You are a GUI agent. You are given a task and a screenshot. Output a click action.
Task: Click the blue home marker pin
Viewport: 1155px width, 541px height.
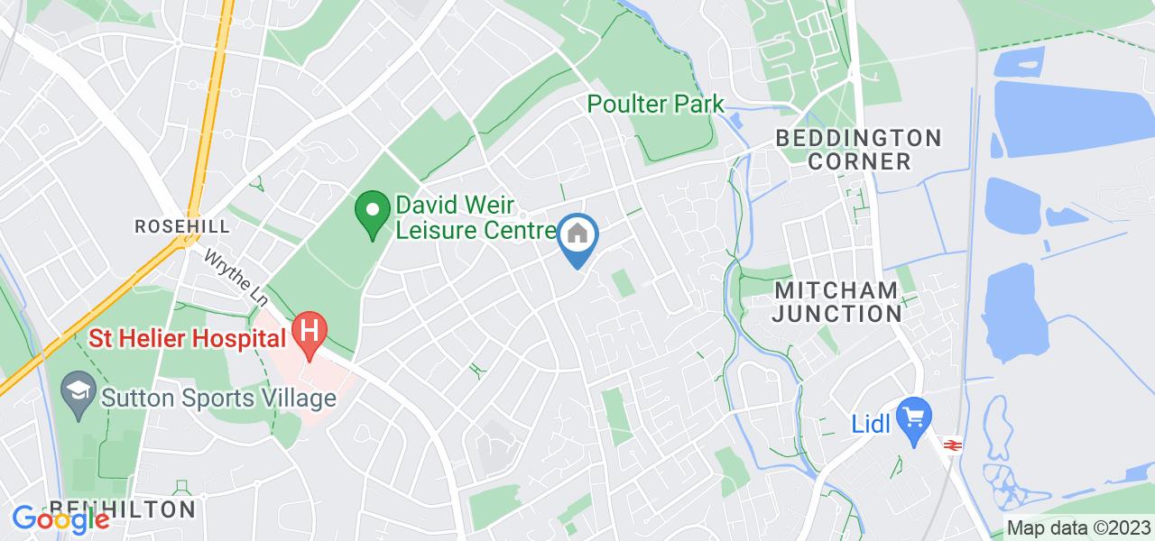coord(576,237)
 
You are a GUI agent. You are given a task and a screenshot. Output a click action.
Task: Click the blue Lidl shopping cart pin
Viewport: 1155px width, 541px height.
coord(915,418)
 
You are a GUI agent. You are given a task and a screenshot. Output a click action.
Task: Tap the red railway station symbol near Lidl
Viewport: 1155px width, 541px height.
coord(950,444)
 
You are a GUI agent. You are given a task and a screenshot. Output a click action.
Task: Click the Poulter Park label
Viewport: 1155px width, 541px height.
coord(656,104)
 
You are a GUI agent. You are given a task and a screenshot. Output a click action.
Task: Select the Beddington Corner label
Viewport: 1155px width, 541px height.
coord(859,150)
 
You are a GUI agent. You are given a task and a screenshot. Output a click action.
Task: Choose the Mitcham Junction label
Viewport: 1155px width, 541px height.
coord(837,302)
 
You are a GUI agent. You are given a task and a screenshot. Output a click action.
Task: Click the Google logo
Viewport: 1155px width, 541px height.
coord(60,518)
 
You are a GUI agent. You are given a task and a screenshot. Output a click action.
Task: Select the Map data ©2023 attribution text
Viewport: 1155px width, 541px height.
coord(1078,527)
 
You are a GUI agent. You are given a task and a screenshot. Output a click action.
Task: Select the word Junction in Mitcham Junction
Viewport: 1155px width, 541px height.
coord(837,315)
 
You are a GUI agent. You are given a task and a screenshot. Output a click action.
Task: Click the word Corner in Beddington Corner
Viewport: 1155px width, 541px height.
coord(859,161)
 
